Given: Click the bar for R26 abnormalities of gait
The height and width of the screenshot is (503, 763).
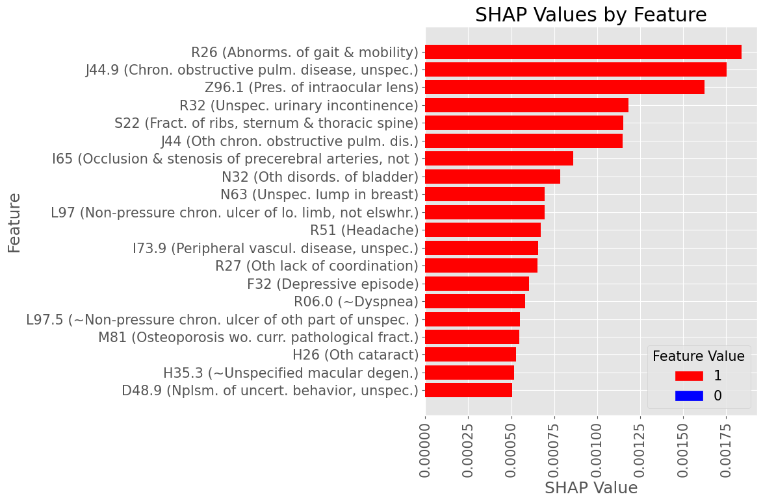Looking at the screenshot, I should click(x=583, y=52).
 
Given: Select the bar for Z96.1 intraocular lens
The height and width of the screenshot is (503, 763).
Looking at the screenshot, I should click(x=565, y=87).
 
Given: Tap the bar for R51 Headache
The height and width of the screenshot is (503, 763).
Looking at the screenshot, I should click(x=483, y=230).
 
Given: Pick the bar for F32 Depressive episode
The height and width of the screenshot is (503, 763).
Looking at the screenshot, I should click(x=477, y=284).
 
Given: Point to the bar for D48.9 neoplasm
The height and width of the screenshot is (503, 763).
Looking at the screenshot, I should click(x=469, y=390).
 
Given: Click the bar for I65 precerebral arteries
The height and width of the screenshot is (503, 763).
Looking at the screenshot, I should click(x=499, y=158).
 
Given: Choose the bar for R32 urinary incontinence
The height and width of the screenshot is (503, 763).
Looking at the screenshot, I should click(x=527, y=105).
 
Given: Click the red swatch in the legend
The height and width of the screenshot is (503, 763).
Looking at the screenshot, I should click(x=689, y=376).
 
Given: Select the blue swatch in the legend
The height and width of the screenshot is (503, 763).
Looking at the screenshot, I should click(x=689, y=395).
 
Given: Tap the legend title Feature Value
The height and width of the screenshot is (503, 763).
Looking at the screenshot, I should click(x=699, y=356).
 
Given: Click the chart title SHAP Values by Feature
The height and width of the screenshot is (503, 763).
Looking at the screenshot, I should click(x=591, y=15).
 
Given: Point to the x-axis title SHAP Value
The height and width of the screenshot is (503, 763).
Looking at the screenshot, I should click(x=591, y=487).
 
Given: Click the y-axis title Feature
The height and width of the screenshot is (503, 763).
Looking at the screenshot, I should click(x=14, y=223).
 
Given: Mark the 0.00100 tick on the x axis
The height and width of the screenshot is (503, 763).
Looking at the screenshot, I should click(x=597, y=448).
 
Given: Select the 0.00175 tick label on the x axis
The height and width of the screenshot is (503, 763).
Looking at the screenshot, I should click(x=727, y=448).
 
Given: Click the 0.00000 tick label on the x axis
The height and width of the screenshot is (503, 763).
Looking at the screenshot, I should click(x=426, y=448).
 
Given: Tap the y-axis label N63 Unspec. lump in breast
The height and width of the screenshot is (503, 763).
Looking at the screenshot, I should click(x=318, y=195).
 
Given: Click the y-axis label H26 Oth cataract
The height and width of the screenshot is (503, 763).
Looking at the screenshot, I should click(x=355, y=354).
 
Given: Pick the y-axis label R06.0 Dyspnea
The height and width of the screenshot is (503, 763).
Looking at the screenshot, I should click(x=356, y=301).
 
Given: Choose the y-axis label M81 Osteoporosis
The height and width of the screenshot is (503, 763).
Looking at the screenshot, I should click(x=258, y=337).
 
